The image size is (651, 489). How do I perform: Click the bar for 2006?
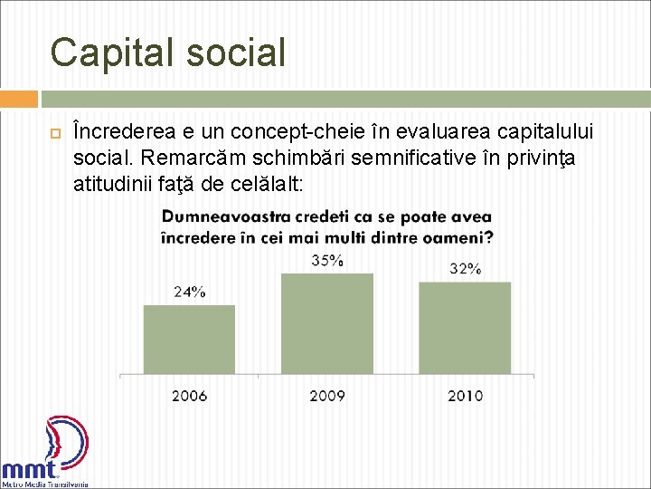point(189,339)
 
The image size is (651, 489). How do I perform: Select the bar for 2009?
point(327,323)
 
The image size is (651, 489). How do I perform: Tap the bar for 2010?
point(465,327)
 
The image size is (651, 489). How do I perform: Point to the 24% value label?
point(190,292)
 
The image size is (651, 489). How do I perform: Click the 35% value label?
point(327,261)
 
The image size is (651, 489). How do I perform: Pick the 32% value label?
point(465,269)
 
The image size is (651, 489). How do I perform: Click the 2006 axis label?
point(189,396)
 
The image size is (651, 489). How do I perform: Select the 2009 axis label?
point(327,396)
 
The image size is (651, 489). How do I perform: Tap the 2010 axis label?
point(465,396)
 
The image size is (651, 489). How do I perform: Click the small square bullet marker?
point(54,134)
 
